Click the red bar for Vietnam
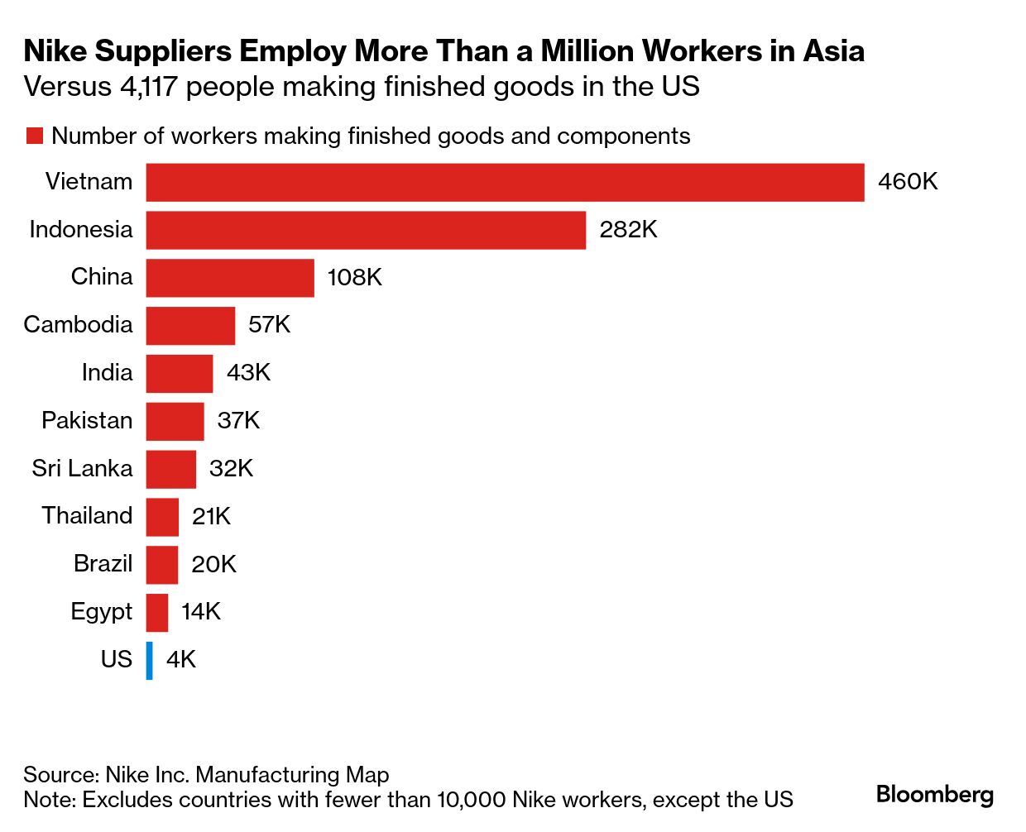(505, 182)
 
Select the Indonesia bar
(366, 230)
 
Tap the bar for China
(230, 278)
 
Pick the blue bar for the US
(150, 660)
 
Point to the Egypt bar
(157, 613)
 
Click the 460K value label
(908, 182)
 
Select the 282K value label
(628, 230)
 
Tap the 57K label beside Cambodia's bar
(269, 325)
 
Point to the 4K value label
(180, 660)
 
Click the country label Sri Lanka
(82, 469)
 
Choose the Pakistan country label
(87, 421)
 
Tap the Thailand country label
(87, 516)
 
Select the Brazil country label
(103, 564)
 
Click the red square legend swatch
(35, 136)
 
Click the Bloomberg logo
(934, 795)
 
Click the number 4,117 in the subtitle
(149, 87)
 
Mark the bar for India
(180, 374)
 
